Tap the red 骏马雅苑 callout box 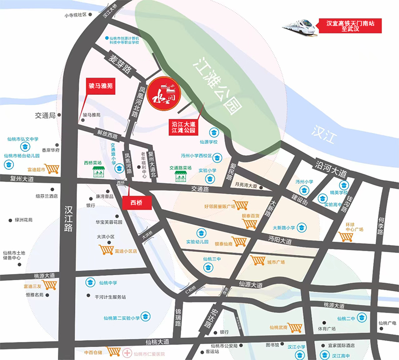[x=101, y=86]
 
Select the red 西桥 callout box [x=136, y=202]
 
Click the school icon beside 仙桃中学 [x=90, y=283]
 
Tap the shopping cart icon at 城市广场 [x=258, y=261]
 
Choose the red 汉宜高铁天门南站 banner [x=344, y=26]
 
